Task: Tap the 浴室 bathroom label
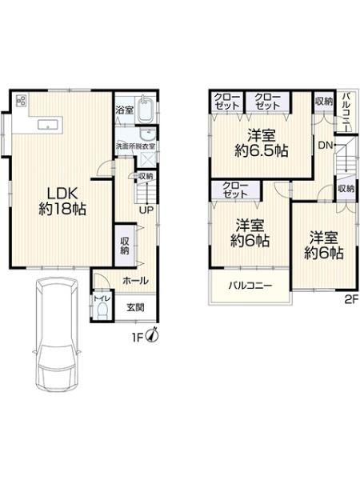(x=123, y=110)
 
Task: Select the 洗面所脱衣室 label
(x=135, y=146)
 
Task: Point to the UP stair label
(x=147, y=210)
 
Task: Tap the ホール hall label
(x=134, y=280)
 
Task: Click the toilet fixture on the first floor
(x=101, y=308)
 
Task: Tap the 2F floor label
(x=349, y=300)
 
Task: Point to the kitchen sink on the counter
(x=45, y=124)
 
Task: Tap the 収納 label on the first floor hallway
(x=126, y=246)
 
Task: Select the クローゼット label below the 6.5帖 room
(x=234, y=190)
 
